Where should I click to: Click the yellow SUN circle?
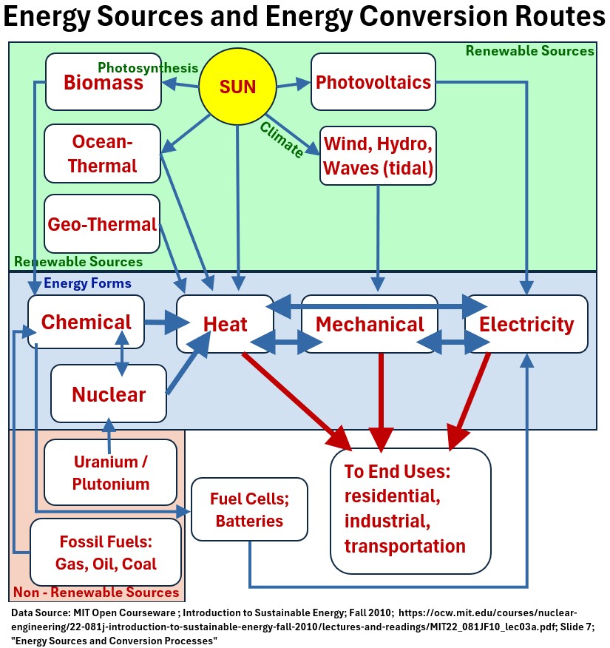(x=237, y=87)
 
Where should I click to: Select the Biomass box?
(x=104, y=81)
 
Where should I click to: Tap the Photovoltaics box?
(x=373, y=81)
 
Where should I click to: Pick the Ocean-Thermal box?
(x=103, y=153)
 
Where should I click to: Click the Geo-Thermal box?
(x=102, y=223)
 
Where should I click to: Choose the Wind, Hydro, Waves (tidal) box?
(x=378, y=155)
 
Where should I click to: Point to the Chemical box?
(x=86, y=323)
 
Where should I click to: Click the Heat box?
(x=225, y=324)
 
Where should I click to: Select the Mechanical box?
(x=370, y=324)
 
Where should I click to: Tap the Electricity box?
(x=526, y=324)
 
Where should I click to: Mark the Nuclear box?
(x=109, y=394)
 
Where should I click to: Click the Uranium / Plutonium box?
(x=111, y=473)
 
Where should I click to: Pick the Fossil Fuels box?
(x=106, y=552)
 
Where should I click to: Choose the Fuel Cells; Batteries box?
(x=249, y=510)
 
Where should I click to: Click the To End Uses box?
(x=410, y=510)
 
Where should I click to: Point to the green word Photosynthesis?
(x=148, y=67)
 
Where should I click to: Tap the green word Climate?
(x=282, y=140)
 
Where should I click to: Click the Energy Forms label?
(x=87, y=283)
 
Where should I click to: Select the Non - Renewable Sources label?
(x=96, y=593)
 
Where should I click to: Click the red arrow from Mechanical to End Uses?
(x=382, y=399)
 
